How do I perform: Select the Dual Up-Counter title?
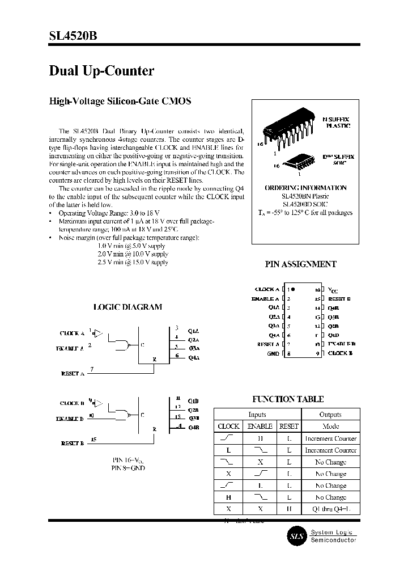point(101,71)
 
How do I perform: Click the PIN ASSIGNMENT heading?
point(300,264)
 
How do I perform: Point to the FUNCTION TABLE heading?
point(288,399)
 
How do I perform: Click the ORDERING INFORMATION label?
point(305,188)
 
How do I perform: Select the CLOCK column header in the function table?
point(228,426)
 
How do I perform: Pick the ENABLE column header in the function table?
point(260,426)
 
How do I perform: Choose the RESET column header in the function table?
point(288,426)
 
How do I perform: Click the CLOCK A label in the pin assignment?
point(267,289)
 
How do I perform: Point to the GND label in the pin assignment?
point(273,354)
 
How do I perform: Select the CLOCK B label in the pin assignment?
point(340,354)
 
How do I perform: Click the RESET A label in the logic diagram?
point(72,374)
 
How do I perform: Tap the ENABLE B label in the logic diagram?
point(70,419)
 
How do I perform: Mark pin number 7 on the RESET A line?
point(92,370)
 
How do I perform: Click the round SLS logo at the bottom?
point(295,536)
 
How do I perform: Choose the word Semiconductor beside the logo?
point(333,540)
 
